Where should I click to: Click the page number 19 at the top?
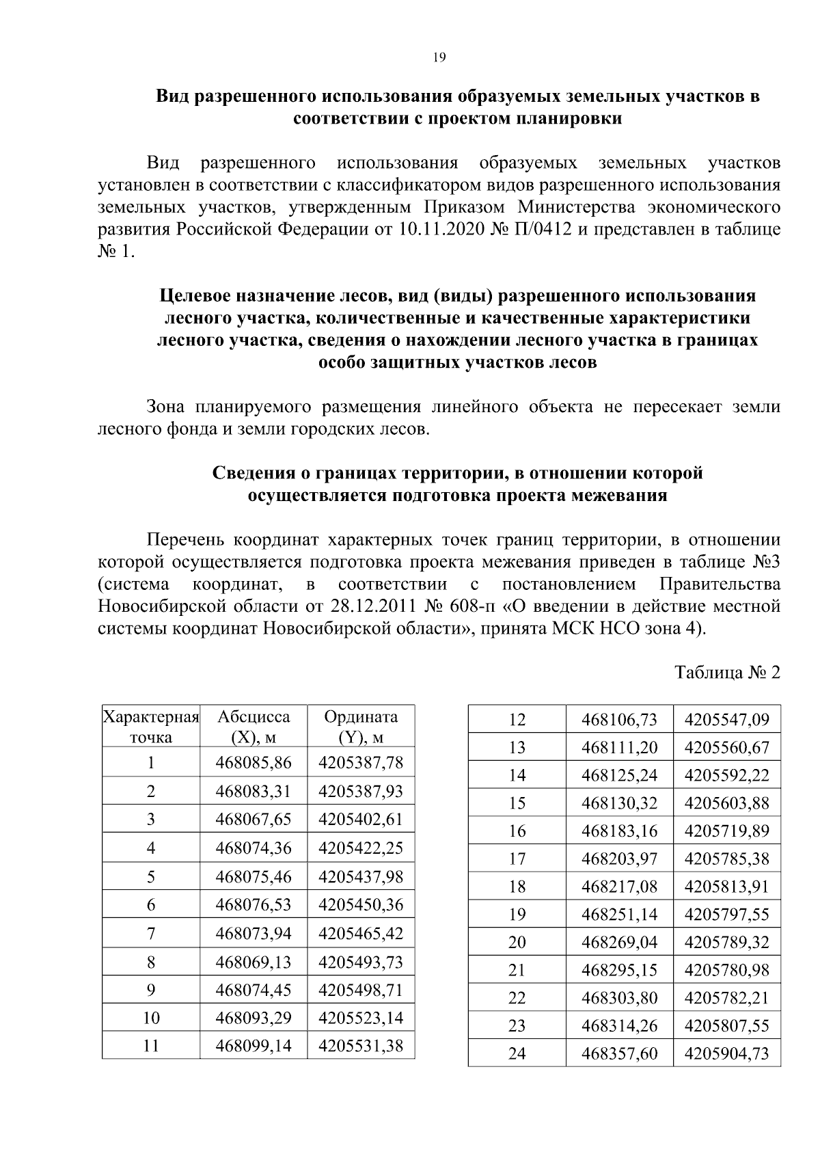439,58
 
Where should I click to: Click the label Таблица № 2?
727,673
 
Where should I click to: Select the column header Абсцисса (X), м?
254,727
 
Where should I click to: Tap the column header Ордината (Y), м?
361,727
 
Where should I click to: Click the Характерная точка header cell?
151,727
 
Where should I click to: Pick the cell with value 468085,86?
254,762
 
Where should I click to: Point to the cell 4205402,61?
361,819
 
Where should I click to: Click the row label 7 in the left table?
151,933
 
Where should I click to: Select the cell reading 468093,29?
254,1018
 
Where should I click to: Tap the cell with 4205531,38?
361,1045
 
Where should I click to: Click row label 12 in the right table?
517,719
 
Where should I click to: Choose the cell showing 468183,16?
619,831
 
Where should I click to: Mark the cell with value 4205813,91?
726,887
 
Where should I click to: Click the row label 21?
517,971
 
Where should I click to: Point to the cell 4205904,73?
726,1054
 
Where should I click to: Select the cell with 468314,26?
619,1026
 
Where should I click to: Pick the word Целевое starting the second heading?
193,296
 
